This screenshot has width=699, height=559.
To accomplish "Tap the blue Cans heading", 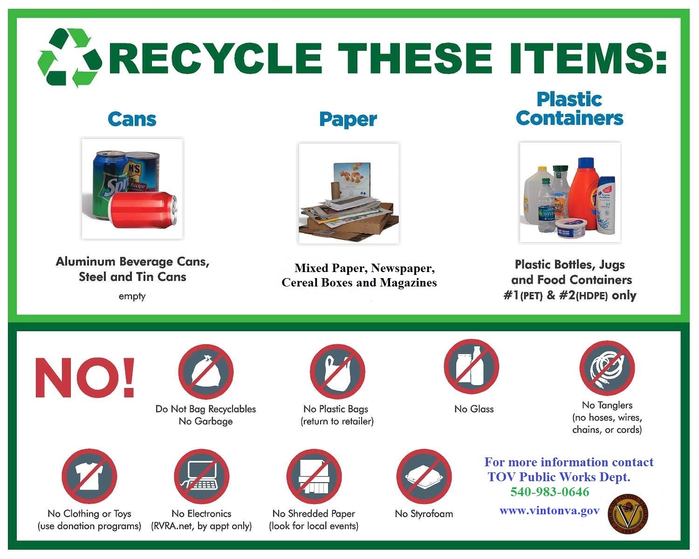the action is point(132,119).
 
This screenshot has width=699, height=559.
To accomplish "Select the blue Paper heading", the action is point(348,120).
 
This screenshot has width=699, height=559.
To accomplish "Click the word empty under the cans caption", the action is point(132,296).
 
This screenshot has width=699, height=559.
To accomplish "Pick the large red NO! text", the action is point(85,377).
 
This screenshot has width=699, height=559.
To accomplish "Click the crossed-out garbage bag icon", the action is point(206,372).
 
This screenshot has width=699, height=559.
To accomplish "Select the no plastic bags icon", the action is point(337,372).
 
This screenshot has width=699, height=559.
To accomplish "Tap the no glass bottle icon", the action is point(471,367).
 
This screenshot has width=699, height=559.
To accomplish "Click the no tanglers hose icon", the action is point(607,368).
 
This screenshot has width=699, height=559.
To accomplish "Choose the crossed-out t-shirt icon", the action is point(89,476).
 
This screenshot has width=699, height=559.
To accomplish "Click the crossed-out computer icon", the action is point(201,476).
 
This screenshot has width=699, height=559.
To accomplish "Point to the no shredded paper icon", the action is point(314,476).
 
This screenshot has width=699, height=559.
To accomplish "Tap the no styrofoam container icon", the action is point(424,476).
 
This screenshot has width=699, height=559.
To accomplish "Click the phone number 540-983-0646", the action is point(549,492).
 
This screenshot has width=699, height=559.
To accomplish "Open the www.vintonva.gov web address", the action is point(549,511).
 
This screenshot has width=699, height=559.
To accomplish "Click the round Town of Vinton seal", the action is point(628,514).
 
